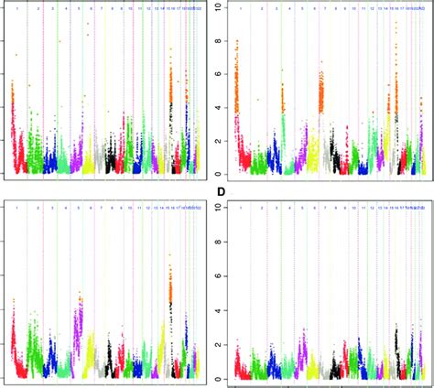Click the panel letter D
tap(221, 192)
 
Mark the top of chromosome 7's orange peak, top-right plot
tap(321, 62)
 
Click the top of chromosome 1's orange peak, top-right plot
tap(238, 41)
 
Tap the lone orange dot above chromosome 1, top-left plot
tap(16, 55)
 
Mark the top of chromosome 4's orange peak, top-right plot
tap(283, 84)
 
